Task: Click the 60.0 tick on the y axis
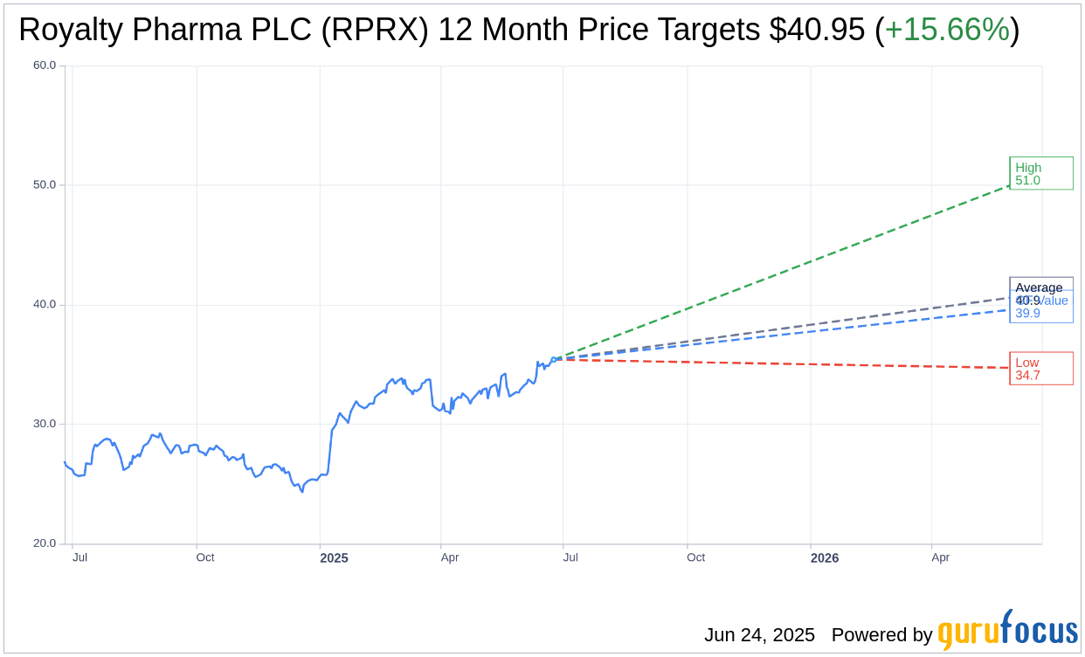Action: point(45,66)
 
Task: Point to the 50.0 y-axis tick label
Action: point(45,185)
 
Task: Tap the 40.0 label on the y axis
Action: point(45,305)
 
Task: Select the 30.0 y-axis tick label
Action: point(45,424)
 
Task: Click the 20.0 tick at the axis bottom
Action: point(45,543)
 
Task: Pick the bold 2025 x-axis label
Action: point(334,557)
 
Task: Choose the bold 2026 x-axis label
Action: point(824,557)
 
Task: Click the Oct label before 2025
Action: point(204,557)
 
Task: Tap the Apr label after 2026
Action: point(940,557)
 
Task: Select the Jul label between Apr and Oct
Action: point(570,557)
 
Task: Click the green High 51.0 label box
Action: point(1040,174)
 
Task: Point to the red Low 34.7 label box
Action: point(1040,369)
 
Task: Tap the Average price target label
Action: point(1039,288)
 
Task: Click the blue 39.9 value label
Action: point(1027,314)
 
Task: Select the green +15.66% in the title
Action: point(947,31)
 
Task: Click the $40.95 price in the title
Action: point(818,31)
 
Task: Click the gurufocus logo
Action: point(1007,630)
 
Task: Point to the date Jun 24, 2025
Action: point(759,635)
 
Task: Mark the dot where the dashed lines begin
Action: point(554,359)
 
